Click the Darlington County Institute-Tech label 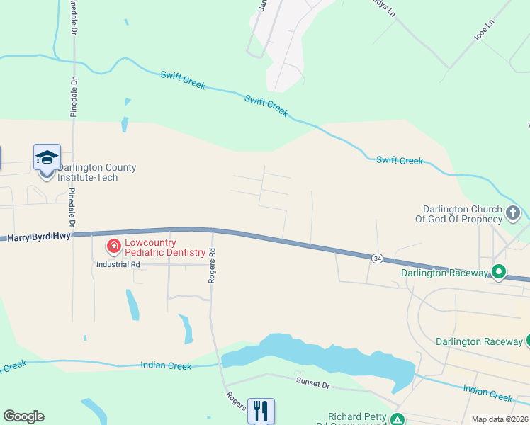(97, 172)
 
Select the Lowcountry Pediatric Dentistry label (164, 247)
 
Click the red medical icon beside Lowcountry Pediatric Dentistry (113, 246)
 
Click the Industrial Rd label (118, 264)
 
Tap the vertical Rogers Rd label (211, 266)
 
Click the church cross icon (513, 212)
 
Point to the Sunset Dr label (312, 383)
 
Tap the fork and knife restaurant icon (261, 410)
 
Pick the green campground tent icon (398, 419)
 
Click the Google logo (23, 416)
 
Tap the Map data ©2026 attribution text (499, 419)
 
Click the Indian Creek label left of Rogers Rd (166, 365)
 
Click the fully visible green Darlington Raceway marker (499, 271)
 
